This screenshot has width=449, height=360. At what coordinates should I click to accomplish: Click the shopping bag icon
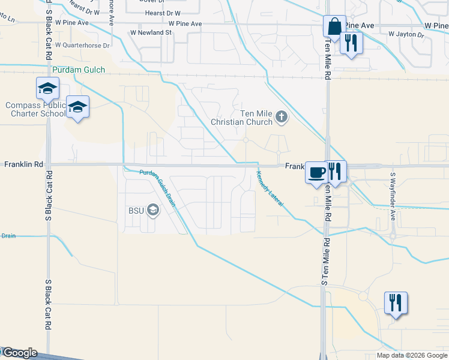tap(334, 26)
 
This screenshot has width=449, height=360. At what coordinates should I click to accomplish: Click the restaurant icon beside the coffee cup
tap(336, 171)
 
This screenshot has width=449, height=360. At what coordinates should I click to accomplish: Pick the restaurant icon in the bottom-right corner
tap(396, 302)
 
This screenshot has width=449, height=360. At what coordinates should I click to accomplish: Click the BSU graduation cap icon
tap(153, 210)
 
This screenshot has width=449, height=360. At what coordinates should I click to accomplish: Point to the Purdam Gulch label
tap(79, 70)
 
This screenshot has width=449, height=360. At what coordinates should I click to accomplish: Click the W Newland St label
tap(151, 32)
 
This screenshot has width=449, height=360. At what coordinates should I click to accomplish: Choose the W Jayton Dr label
tap(406, 35)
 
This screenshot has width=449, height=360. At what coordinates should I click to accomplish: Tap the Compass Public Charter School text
tap(35, 109)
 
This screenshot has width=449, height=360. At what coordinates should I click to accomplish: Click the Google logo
tap(19, 353)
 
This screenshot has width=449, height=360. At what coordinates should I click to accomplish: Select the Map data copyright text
tap(412, 355)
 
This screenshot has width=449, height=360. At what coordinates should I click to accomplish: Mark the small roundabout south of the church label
tap(246, 140)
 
